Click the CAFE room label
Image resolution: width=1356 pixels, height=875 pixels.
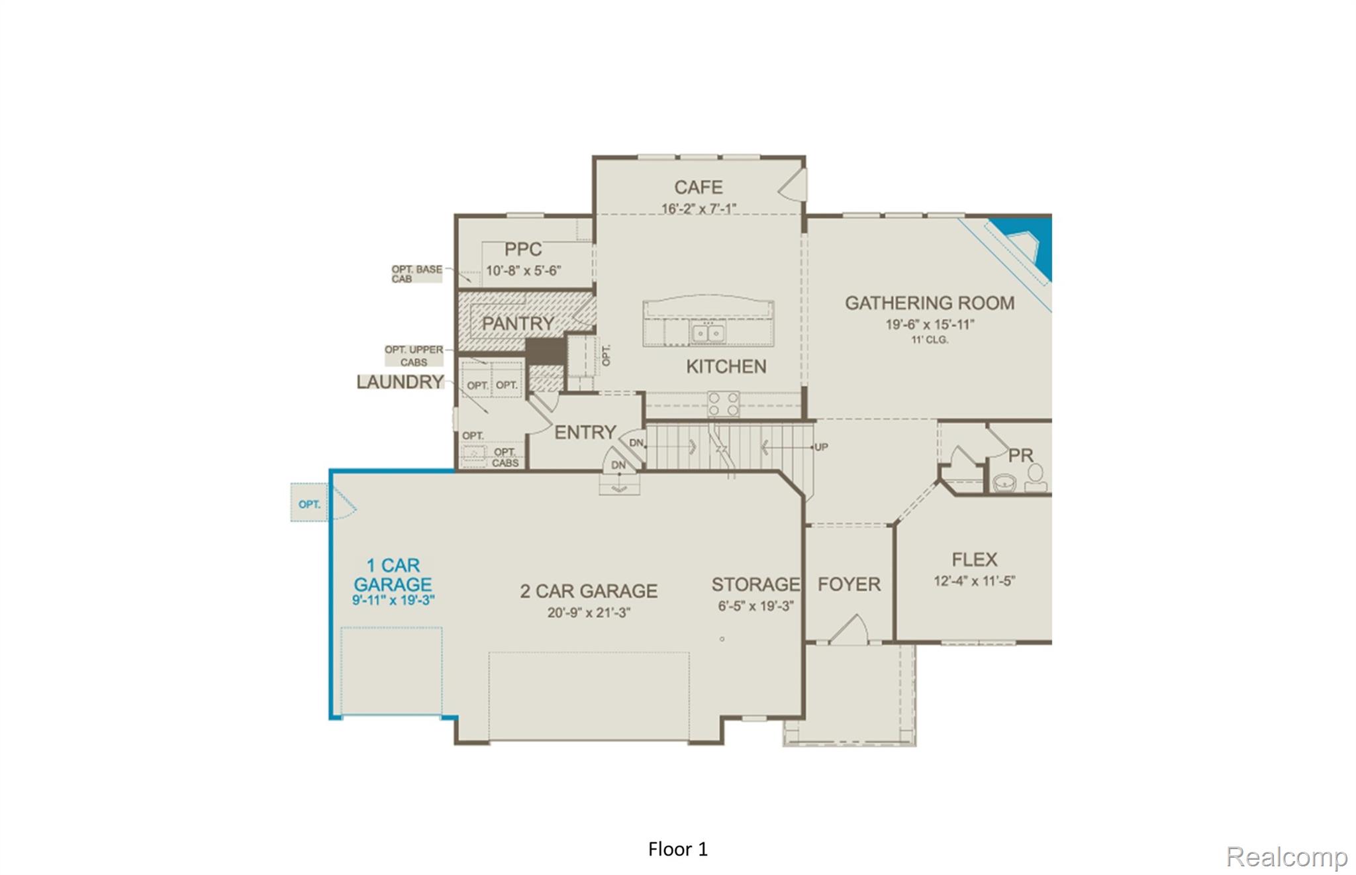(x=698, y=187)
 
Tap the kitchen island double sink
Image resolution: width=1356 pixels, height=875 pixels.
(x=708, y=333)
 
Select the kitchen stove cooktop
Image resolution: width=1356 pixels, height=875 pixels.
(x=723, y=403)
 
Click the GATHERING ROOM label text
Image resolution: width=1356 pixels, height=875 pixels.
(x=929, y=303)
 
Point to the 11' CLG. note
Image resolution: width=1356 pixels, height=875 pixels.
(x=930, y=340)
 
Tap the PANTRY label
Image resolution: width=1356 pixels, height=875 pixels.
(x=518, y=323)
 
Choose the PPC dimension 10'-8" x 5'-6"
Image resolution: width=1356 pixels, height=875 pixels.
(x=523, y=271)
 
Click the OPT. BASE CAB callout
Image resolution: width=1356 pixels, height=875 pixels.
(x=416, y=274)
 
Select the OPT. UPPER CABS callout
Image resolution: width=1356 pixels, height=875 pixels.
(x=414, y=356)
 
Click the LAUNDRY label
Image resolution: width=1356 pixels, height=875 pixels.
(x=400, y=382)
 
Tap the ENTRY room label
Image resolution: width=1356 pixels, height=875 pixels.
(x=585, y=433)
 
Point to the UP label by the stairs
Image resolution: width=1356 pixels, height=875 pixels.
(x=821, y=447)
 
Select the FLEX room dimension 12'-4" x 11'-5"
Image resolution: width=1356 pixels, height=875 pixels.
(x=974, y=582)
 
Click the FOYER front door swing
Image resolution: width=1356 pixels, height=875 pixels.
(x=850, y=630)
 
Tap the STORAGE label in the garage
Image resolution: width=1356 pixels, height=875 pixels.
(x=755, y=584)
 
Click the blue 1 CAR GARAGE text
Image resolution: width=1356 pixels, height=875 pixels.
(x=393, y=575)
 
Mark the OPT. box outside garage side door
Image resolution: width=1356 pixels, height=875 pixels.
(x=309, y=503)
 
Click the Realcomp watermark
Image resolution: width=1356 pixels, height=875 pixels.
(x=1286, y=856)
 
